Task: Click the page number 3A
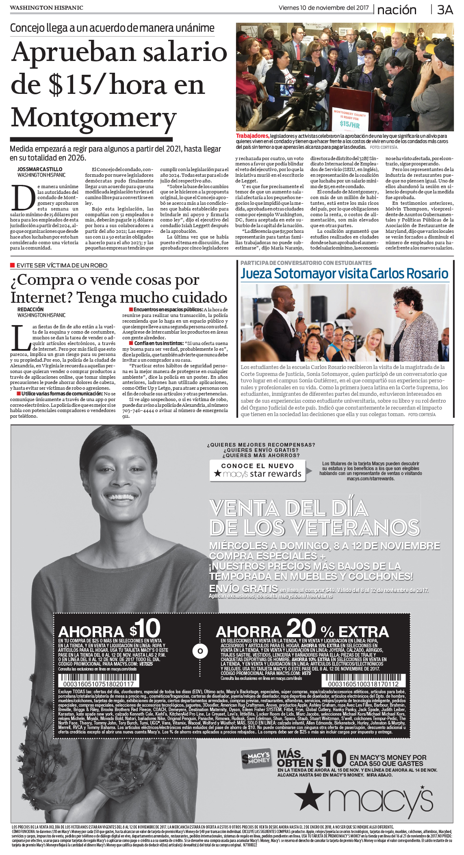pyautogui.click(x=444, y=10)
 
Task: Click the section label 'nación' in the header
pyautogui.click(x=397, y=10)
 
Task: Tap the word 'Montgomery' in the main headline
pyautogui.click(x=93, y=118)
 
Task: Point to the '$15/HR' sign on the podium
pyautogui.click(x=349, y=124)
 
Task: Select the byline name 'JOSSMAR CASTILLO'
pyautogui.click(x=40, y=169)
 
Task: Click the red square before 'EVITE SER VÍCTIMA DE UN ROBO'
pyautogui.click(x=13, y=265)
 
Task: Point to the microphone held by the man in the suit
pyautogui.click(x=300, y=316)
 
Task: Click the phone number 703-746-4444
pyautogui.click(x=137, y=410)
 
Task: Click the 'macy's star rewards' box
pyautogui.click(x=258, y=470)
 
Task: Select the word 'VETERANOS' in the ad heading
pyautogui.click(x=356, y=527)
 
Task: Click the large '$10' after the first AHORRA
pyautogui.click(x=145, y=629)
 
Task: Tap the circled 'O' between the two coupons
pyautogui.click(x=200, y=651)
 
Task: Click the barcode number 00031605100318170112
pyautogui.click(x=363, y=684)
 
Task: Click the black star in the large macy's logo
pyautogui.click(x=310, y=796)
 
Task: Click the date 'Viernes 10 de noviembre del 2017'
pyautogui.click(x=323, y=8)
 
